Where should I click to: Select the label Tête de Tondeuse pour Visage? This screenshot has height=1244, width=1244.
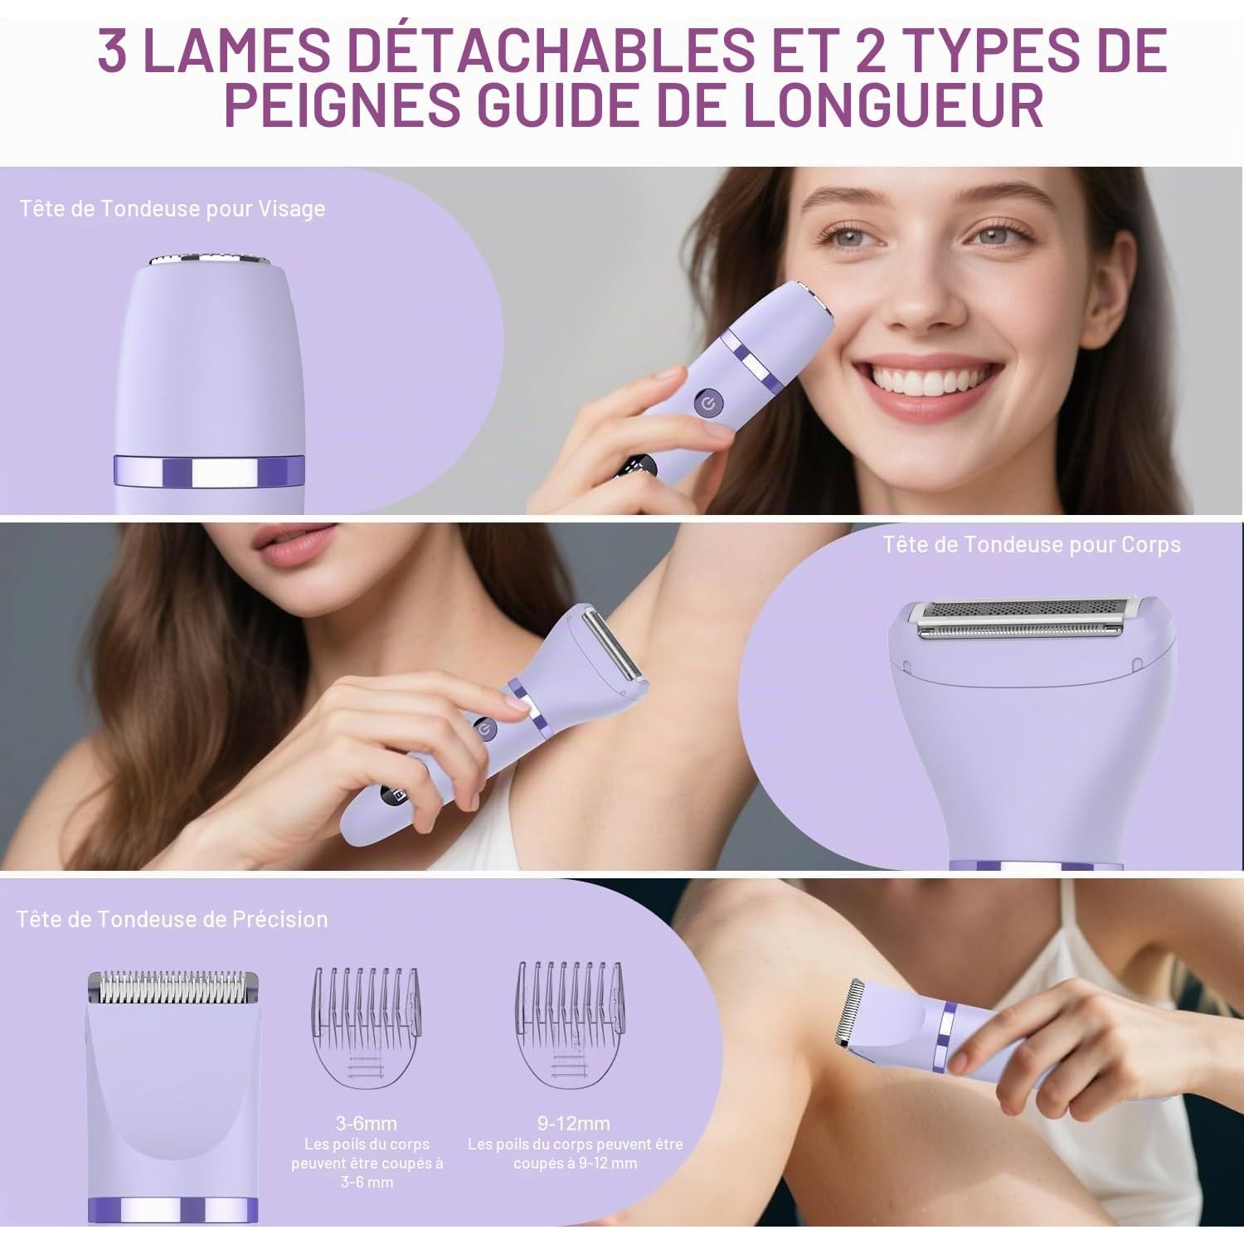click(x=173, y=209)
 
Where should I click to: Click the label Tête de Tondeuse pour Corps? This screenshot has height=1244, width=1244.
click(x=1032, y=545)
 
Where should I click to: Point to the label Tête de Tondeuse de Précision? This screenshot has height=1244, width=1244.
click(x=173, y=919)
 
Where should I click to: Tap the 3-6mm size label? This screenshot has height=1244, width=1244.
click(x=366, y=1124)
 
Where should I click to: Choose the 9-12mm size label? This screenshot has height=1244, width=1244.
click(x=574, y=1124)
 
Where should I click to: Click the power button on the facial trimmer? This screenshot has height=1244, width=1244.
click(x=709, y=404)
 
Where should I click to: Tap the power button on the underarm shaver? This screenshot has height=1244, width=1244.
click(x=485, y=730)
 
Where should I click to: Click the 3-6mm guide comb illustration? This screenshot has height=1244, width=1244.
click(x=366, y=1027)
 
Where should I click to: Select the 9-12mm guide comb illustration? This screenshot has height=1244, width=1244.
click(x=571, y=1024)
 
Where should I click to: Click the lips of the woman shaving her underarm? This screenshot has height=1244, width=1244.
click(x=294, y=543)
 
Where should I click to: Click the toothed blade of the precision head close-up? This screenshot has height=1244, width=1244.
click(x=173, y=985)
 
